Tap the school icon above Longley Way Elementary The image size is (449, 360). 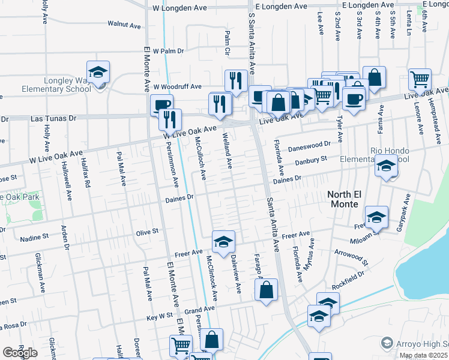point(98,73)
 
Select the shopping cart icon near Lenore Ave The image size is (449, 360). point(420,79)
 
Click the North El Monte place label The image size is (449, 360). point(351,199)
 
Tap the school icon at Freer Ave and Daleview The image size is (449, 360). point(223,242)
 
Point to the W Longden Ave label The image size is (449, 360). point(179,8)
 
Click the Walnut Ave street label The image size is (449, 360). point(124,25)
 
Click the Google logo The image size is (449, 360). point(20,352)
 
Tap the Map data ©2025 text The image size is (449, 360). point(422,355)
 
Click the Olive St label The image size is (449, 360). point(147,231)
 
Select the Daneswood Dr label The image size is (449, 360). point(310,145)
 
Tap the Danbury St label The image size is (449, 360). point(310,160)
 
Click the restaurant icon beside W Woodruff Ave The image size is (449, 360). point(236,81)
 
